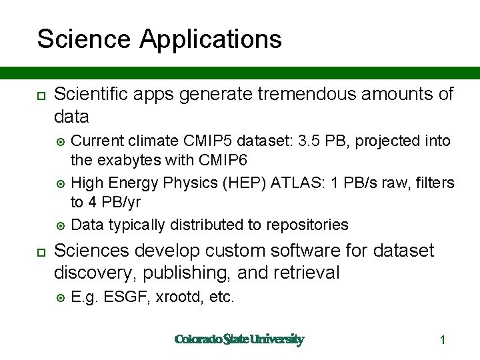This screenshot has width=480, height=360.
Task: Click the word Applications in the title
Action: coord(211,39)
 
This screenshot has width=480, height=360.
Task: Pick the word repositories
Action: coord(307,225)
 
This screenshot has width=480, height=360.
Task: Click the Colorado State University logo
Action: coord(239,339)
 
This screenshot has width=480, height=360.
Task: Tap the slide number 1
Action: coord(442,340)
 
